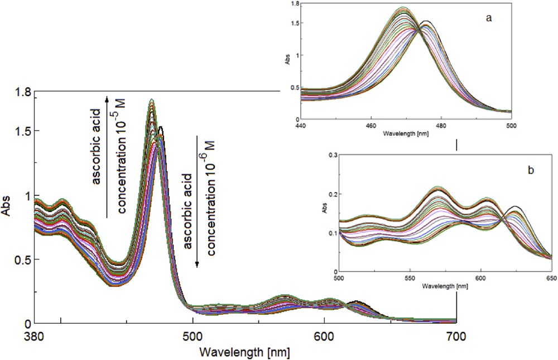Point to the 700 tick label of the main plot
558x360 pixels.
click(x=456, y=337)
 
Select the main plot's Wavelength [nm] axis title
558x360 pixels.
click(x=246, y=353)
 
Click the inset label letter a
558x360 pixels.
click(x=489, y=18)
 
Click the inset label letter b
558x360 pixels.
click(x=532, y=169)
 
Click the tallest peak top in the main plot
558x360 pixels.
click(x=151, y=100)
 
